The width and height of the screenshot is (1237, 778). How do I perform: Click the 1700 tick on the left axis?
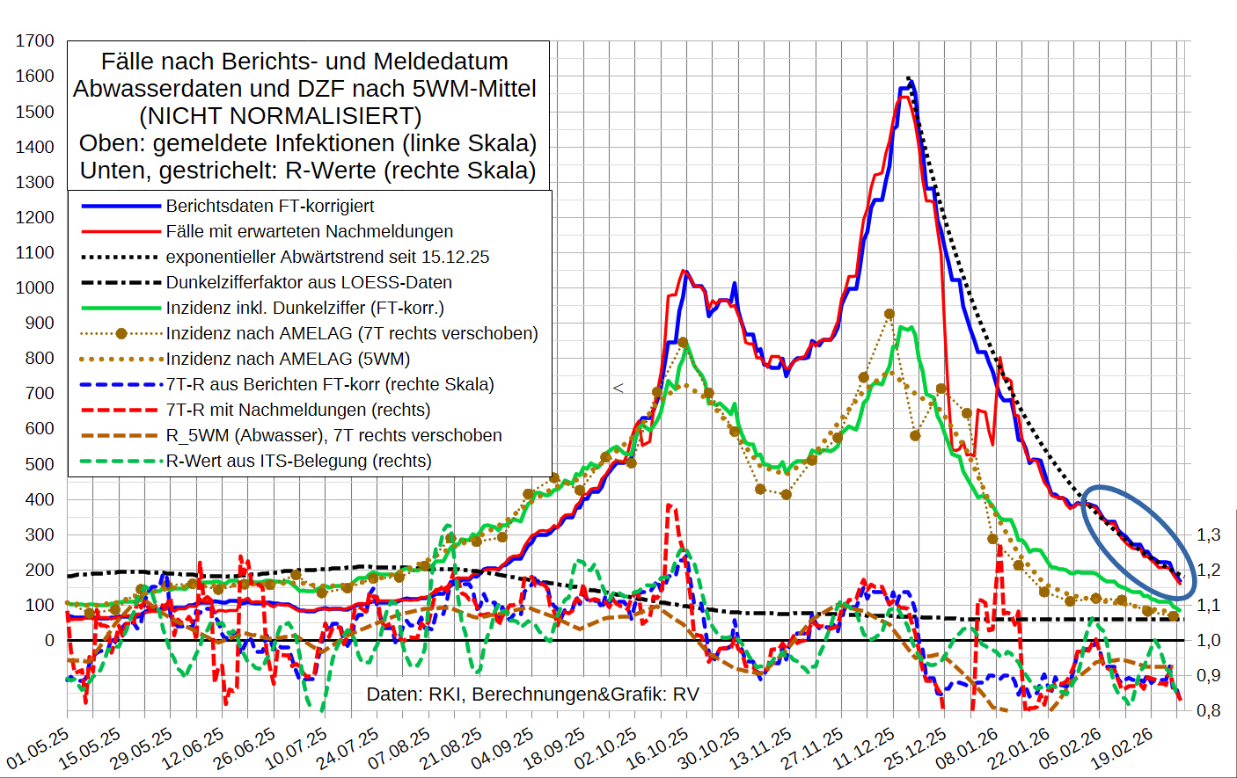[35, 41]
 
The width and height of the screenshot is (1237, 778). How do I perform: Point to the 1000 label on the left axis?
[35, 287]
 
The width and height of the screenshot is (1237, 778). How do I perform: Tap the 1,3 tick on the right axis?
[1208, 534]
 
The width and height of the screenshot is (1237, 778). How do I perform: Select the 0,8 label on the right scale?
[1208, 710]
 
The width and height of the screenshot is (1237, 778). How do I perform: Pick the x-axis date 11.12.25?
[865, 748]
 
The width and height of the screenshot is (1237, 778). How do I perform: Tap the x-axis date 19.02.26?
[1123, 748]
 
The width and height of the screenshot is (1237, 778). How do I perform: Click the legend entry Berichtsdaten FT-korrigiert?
[269, 206]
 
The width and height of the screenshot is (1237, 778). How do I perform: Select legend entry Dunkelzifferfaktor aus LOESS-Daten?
[308, 282]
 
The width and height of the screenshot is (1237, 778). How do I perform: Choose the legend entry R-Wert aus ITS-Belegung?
[298, 461]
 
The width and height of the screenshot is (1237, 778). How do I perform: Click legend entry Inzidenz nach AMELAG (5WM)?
[288, 359]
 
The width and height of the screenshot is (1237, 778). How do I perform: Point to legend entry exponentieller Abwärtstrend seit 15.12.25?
[327, 257]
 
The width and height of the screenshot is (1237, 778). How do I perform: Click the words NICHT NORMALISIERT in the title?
[281, 116]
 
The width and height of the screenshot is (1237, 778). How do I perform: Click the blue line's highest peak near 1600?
[910, 82]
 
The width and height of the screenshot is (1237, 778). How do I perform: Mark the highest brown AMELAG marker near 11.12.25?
[889, 314]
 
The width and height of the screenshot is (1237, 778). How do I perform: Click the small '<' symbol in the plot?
[618, 388]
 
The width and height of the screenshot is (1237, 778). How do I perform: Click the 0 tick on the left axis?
[49, 640]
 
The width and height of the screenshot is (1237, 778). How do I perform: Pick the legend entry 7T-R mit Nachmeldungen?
[297, 410]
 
